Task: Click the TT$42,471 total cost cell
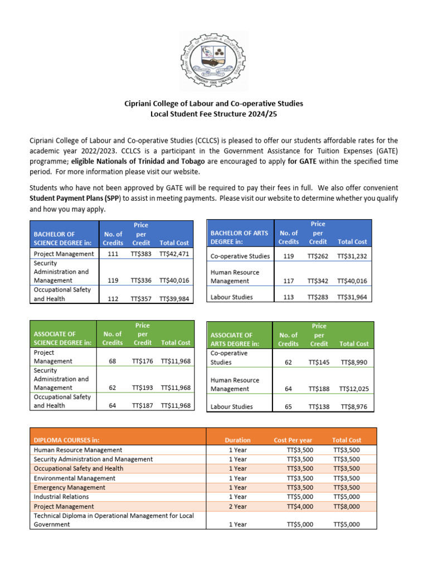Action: (x=174, y=254)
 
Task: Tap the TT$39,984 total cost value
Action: (x=174, y=299)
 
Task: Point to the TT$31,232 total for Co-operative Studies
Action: (x=352, y=257)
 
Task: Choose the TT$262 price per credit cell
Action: (x=318, y=257)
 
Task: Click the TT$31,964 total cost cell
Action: (x=352, y=297)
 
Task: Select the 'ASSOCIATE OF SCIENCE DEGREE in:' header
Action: (x=62, y=338)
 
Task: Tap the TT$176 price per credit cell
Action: (x=143, y=361)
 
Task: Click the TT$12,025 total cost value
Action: (x=354, y=389)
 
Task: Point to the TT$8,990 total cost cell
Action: (x=354, y=362)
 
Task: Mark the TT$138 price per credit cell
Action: (x=319, y=407)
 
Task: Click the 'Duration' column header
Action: (x=237, y=440)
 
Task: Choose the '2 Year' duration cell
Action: (x=237, y=506)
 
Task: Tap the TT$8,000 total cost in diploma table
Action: (x=347, y=506)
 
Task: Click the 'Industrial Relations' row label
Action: (x=61, y=497)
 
